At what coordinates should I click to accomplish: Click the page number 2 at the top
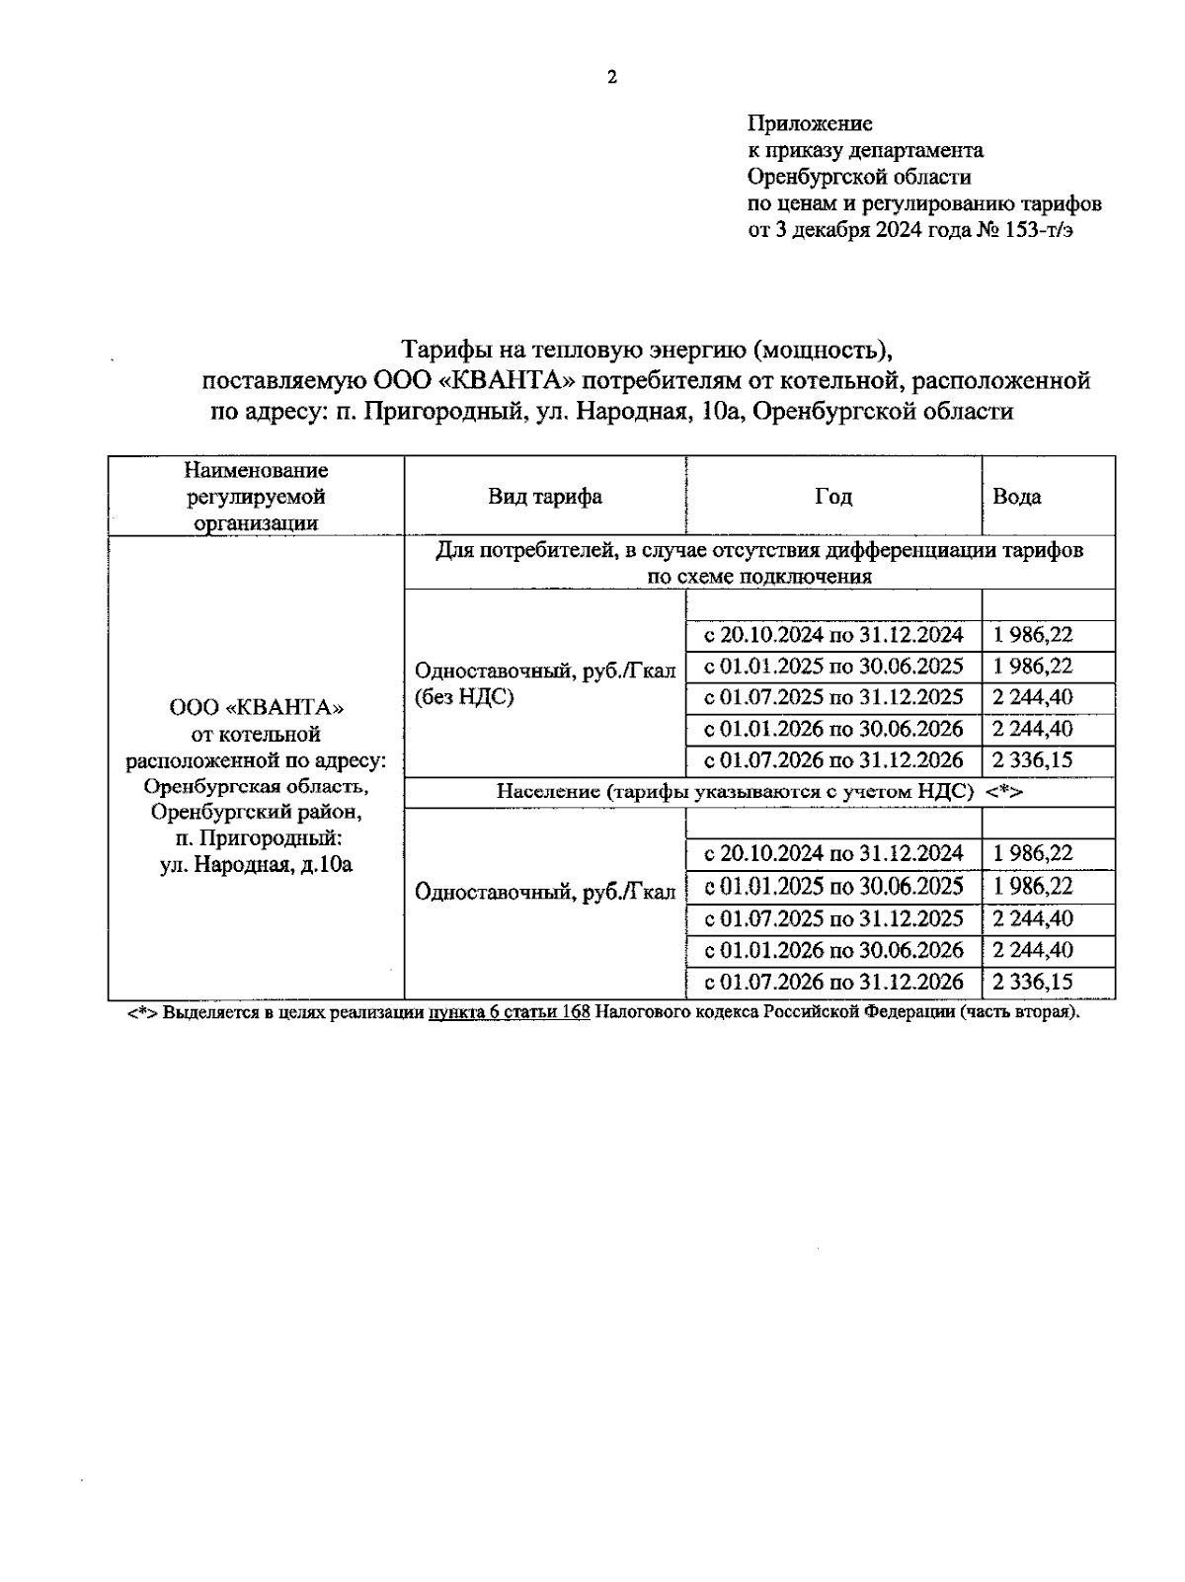coord(611,78)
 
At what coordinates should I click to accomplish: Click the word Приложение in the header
coord(810,123)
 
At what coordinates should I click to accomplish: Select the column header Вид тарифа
coord(545,497)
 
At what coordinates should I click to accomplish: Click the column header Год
coord(833,497)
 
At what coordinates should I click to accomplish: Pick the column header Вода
coord(1017,497)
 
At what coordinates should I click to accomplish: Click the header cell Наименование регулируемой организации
coord(256,497)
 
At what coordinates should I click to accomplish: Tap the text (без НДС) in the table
coord(463,697)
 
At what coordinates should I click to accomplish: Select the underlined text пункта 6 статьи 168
coord(509,1013)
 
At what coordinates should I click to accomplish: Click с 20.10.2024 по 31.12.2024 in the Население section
coord(833,853)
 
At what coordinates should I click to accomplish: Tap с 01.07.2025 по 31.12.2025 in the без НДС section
coord(833,697)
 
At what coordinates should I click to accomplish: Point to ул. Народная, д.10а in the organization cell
coord(256,865)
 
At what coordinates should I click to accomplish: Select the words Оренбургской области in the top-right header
coord(859,178)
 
